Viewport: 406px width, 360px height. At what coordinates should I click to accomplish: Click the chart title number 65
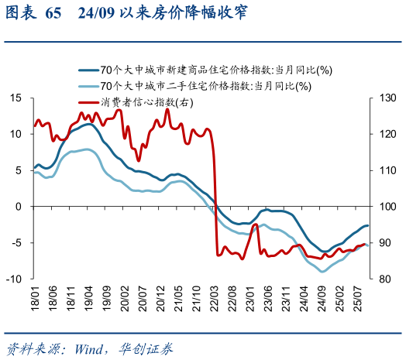pyautogui.click(x=53, y=14)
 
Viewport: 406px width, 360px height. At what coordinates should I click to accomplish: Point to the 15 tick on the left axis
pyautogui.click(x=15, y=98)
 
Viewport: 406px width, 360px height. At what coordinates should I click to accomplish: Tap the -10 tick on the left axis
pyautogui.click(x=14, y=279)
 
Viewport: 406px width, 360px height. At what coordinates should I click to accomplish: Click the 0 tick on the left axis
pyautogui.click(x=19, y=207)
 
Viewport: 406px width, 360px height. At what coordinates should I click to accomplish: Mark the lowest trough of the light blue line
pyautogui.click(x=323, y=272)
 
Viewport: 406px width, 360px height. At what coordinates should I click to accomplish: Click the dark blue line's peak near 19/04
pyautogui.click(x=88, y=124)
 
